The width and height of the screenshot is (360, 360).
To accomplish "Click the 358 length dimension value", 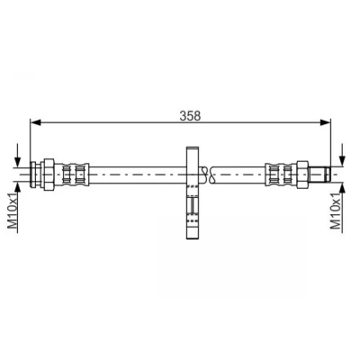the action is [x=190, y=115].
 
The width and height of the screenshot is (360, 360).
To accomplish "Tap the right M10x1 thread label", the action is [x=336, y=211].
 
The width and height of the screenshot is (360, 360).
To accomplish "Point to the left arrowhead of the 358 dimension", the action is [x=36, y=122].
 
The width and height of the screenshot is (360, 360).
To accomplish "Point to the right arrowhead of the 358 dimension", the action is [x=325, y=122].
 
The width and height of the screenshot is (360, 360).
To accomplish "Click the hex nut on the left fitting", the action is [x=49, y=175].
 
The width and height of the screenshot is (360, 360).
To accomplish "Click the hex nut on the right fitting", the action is [x=302, y=175].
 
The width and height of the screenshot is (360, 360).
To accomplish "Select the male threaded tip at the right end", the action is [x=319, y=175].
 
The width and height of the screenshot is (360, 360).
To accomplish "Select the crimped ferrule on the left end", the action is [x=72, y=175].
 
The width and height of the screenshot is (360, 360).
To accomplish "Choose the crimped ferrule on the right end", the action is [x=281, y=175].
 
